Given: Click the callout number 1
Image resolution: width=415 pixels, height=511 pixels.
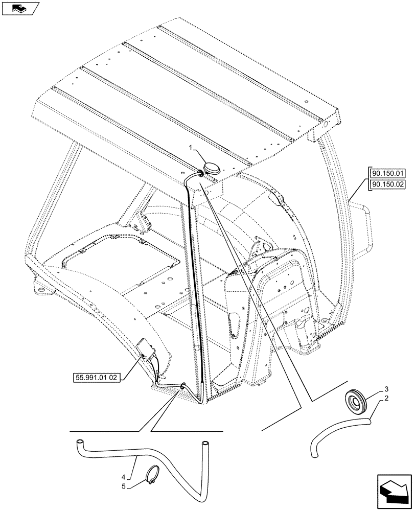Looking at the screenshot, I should click(x=190, y=148).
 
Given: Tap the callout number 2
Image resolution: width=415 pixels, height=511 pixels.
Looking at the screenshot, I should click(x=387, y=399).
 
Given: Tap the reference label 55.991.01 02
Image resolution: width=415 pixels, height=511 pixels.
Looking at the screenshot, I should click(x=95, y=378).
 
